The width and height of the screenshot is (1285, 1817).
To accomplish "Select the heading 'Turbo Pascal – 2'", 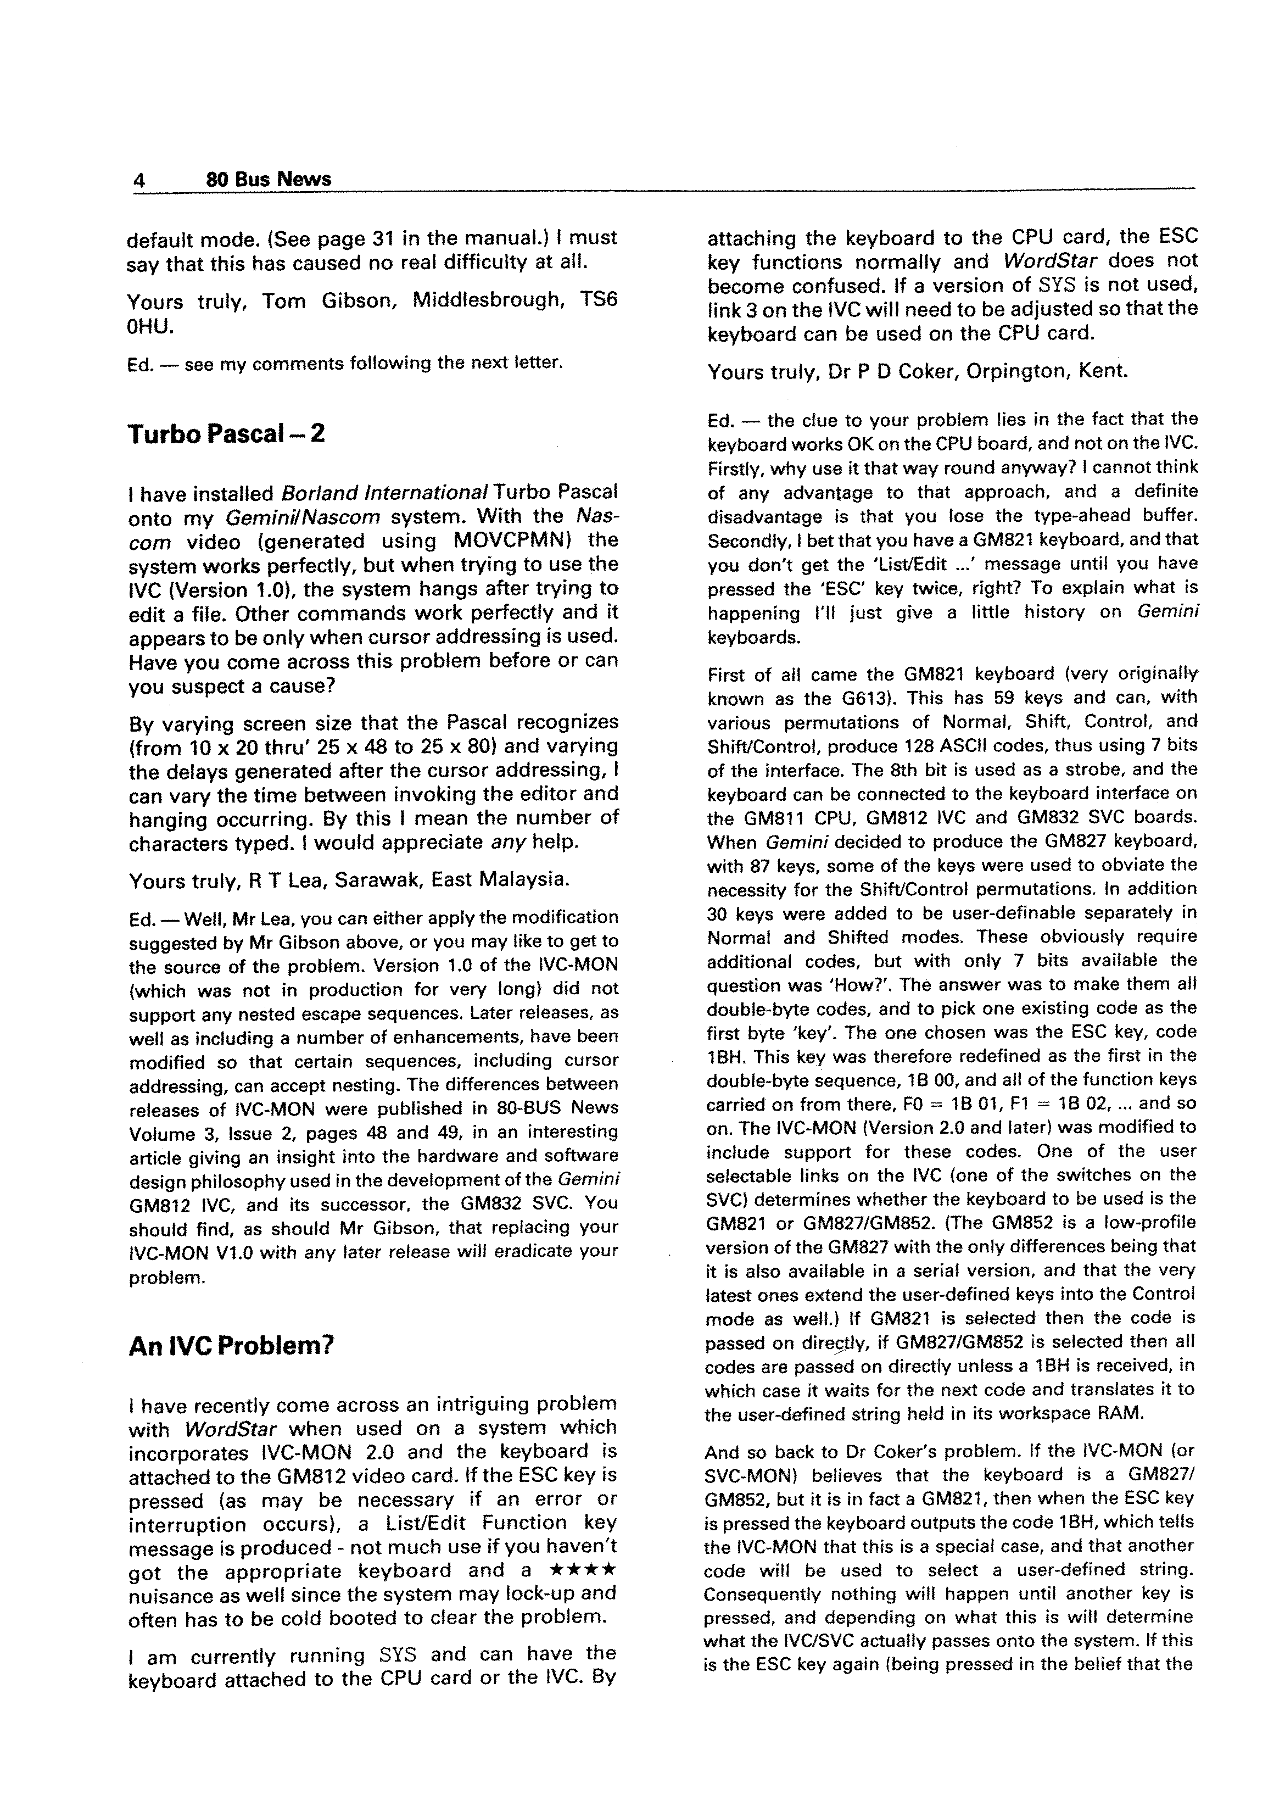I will tap(226, 434).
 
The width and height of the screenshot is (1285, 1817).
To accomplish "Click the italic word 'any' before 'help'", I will tap(508, 842).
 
